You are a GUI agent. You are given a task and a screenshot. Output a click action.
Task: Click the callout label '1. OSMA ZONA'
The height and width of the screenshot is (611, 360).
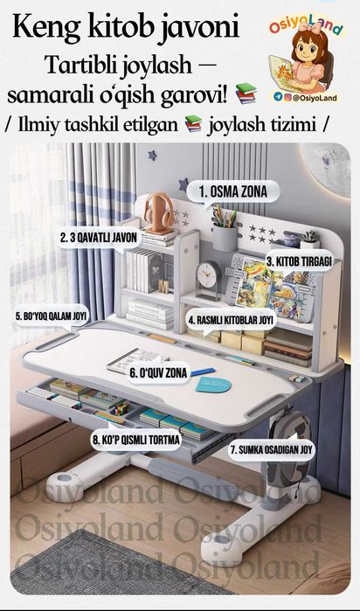point(233,191)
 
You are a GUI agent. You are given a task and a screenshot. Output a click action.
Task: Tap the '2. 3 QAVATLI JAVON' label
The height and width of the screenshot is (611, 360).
point(99,238)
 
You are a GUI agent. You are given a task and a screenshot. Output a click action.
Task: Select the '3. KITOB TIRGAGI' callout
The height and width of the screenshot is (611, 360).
point(299,261)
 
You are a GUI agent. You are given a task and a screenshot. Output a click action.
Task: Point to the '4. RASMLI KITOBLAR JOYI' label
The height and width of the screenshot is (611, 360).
point(232,320)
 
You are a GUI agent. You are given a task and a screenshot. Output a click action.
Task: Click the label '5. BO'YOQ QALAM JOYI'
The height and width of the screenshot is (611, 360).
point(51,316)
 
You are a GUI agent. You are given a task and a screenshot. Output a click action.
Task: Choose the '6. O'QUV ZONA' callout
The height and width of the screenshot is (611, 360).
point(158,373)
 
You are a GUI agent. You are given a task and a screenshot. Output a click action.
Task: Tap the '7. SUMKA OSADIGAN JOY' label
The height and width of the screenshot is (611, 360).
point(271,449)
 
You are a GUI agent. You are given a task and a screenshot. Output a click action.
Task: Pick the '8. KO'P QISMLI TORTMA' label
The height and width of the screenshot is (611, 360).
point(136,441)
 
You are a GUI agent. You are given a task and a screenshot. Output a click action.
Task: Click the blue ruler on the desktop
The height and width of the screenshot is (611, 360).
point(203,371)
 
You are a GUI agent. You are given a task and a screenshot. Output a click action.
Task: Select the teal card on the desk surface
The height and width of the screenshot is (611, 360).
point(213,385)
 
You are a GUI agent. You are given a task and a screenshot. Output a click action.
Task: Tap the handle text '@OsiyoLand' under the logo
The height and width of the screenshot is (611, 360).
point(315,98)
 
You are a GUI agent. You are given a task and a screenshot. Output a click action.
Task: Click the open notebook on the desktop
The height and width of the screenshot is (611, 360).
point(135,360)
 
